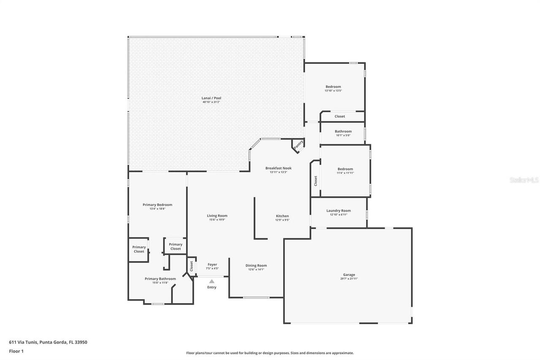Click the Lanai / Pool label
[x=211, y=98]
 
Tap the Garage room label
[x=349, y=275]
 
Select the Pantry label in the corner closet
[x=298, y=144]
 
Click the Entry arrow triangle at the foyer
[x=212, y=282]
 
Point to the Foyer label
[x=212, y=265]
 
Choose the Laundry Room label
[x=338, y=211]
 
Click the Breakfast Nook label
[x=278, y=168]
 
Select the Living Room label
[x=217, y=216]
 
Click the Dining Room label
[x=256, y=265]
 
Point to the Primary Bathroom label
[x=160, y=279]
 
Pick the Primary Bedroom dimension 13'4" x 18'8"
[x=157, y=209]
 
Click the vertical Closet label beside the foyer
[x=192, y=266]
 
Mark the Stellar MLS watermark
[x=524, y=180]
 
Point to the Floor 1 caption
[x=16, y=351]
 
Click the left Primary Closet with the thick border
[x=139, y=249]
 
